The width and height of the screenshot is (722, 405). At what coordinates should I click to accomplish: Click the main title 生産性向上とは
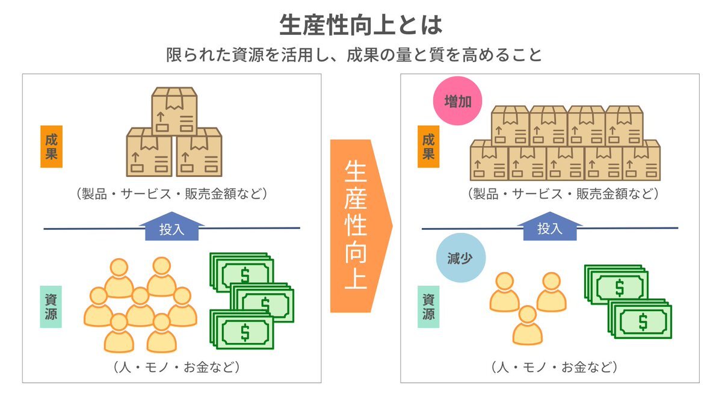tap(360, 25)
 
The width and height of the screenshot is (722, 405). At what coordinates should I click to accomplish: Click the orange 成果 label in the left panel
tap(51, 146)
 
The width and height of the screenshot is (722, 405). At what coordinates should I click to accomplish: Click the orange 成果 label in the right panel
tap(428, 146)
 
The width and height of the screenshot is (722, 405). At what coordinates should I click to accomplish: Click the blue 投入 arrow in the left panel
tap(172, 227)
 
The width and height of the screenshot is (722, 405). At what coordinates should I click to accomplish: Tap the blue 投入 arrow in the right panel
tap(549, 227)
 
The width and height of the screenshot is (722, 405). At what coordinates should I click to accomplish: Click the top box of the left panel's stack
tap(174, 110)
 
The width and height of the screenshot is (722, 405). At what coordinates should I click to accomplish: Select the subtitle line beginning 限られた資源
tap(354, 55)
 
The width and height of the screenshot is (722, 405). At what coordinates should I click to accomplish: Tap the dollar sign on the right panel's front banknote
tap(643, 323)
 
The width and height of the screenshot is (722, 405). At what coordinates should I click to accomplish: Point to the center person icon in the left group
tap(140, 307)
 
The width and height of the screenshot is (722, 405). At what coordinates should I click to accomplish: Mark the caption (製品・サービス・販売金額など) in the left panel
tap(172, 194)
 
